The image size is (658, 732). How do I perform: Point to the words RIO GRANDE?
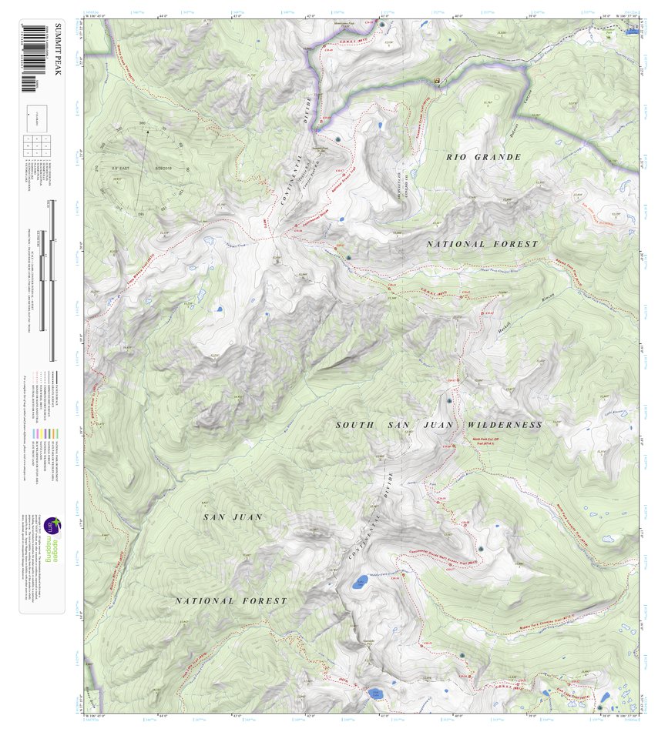[x=484, y=157]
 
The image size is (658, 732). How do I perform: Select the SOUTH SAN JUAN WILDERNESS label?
[x=438, y=425]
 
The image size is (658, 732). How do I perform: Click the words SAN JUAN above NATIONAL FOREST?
[x=233, y=517]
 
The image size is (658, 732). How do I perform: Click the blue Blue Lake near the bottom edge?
[x=375, y=694]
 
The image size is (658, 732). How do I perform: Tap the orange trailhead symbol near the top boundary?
[x=437, y=79]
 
